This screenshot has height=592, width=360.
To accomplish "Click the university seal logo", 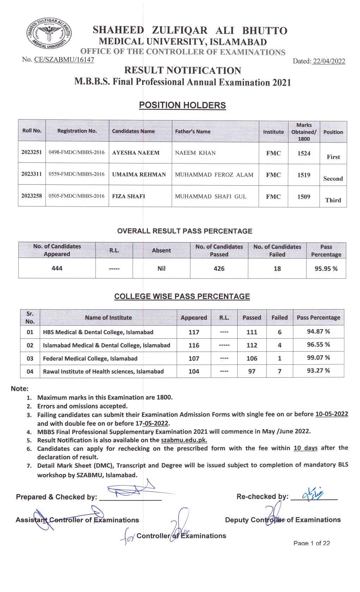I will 49,36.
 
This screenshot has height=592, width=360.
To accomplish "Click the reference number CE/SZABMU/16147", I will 64,60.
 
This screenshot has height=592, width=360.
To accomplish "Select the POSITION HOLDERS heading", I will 182,105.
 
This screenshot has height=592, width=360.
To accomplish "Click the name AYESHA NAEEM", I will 136,153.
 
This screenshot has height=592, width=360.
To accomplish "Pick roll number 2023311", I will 31,174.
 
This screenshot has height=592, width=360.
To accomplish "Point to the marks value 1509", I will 304,197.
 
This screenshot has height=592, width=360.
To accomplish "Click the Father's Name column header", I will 193,131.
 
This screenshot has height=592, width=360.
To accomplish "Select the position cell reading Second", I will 333,179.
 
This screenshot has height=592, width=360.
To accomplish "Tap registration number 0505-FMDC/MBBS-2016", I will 77,196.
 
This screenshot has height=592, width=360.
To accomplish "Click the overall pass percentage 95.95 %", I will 326,269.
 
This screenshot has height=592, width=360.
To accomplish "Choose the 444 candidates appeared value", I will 57,268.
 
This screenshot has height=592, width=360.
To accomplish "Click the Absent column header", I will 161,250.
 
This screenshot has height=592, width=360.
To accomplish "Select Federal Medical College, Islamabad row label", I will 90,358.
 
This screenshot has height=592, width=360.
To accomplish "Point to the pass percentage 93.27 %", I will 318,370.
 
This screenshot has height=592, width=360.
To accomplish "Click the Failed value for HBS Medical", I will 280,332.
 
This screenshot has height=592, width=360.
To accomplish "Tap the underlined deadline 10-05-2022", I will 331,414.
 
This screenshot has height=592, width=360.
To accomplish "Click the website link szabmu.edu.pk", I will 184,440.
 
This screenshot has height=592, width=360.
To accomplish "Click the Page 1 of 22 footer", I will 312,543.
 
